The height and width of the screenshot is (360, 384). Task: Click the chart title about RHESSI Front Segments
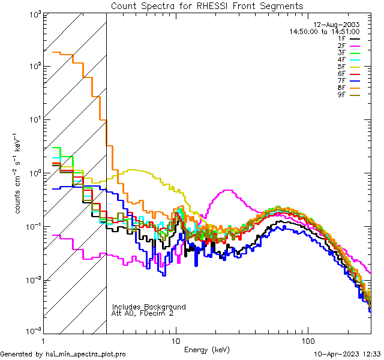207,5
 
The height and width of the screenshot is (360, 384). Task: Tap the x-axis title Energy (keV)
206,350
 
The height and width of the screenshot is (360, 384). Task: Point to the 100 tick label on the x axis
307,340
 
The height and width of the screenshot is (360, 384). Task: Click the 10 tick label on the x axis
175,340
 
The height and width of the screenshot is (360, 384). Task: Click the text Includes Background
149,307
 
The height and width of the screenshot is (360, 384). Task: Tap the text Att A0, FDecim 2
143,313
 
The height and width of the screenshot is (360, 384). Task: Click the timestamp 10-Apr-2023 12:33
347,355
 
